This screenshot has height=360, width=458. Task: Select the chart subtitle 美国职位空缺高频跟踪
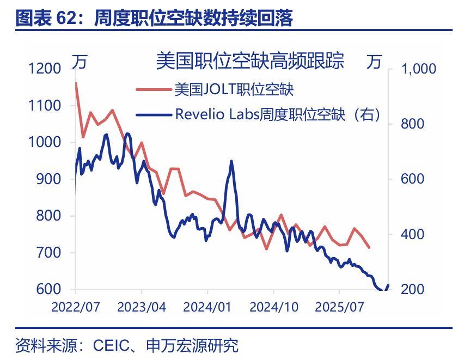(250, 61)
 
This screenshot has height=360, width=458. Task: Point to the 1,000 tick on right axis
(419, 69)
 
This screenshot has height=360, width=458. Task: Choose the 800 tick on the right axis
(413, 124)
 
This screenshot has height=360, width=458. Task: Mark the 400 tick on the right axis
(413, 234)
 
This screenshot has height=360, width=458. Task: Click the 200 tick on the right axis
(413, 289)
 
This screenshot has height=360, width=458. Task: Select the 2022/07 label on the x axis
(76, 307)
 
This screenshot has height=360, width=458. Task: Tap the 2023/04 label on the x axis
(142, 307)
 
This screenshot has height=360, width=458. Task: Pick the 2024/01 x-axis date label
(207, 307)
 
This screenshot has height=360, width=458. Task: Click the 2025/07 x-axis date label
(339, 307)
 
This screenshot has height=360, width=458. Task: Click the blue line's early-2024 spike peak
(231, 161)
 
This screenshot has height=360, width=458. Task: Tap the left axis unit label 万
(79, 62)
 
